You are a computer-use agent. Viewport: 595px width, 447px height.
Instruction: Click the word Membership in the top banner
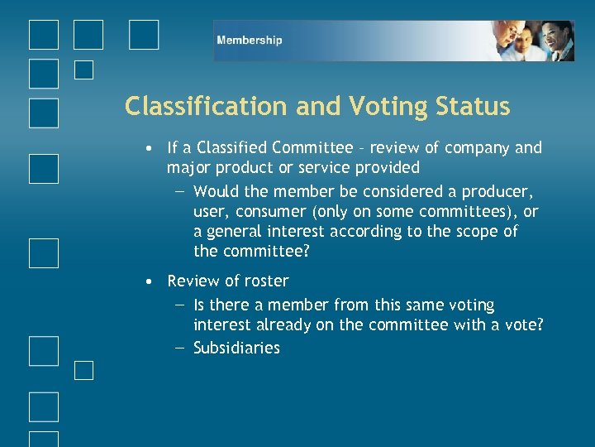[x=249, y=40]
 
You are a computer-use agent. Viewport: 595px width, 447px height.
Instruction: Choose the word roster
[x=263, y=281]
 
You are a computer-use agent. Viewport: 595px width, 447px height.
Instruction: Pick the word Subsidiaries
[x=236, y=348]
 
